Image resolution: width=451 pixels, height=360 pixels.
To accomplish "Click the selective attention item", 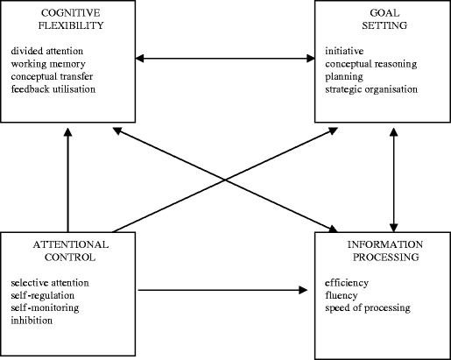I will click(50, 284).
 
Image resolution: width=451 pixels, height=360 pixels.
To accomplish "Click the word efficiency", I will click(346, 284).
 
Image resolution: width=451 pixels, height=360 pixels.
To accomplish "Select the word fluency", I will click(342, 296).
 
